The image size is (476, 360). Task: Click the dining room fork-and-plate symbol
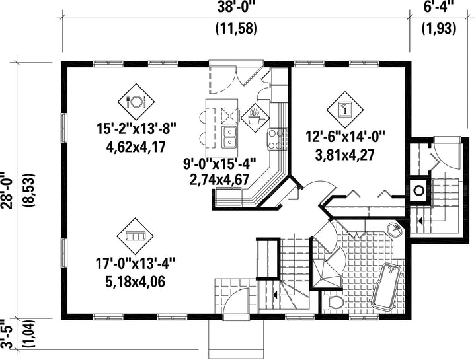[136, 102]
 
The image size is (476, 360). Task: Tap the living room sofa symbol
[136, 236]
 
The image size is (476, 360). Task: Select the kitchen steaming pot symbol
[255, 118]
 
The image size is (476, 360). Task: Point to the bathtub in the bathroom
[387, 287]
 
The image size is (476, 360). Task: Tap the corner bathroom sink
[395, 229]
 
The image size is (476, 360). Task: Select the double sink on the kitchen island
[229, 137]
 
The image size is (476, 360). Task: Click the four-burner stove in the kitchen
[276, 139]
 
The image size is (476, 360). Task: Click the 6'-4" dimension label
[439, 7]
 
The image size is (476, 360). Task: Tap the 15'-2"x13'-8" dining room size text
[136, 129]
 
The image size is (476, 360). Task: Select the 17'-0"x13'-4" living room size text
[136, 263]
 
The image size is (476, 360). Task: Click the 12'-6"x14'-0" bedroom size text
[345, 137]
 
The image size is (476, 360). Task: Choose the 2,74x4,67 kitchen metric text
[219, 178]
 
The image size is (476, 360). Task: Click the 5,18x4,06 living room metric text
[136, 282]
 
